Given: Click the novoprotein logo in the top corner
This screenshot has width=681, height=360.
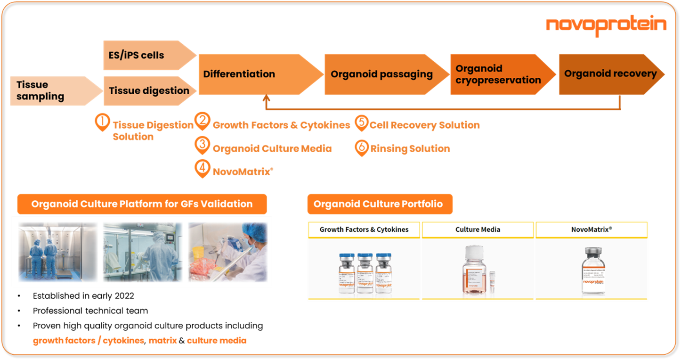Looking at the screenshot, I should point(606,25).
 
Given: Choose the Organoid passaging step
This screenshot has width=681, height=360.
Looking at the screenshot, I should point(381,74).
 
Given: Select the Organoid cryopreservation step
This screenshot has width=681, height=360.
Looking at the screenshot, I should point(498,74).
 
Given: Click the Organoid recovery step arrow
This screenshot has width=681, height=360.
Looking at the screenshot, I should point(609,74).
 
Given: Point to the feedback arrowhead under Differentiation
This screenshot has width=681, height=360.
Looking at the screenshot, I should point(267,99).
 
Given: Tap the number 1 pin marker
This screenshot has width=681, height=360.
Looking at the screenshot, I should point(101,122).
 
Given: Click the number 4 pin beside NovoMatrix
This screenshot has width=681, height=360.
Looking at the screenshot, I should point(202,169).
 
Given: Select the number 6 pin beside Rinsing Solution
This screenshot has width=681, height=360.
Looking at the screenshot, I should point(361,147).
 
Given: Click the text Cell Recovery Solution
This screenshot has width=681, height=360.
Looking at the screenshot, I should point(424,125).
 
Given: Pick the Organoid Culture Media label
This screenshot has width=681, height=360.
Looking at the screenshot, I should point(272,149).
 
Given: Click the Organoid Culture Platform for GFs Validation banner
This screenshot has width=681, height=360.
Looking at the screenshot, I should point(142,205).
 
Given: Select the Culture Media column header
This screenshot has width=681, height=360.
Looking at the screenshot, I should point(478,230).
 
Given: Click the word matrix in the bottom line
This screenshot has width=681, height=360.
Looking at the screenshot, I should point(163,341).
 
